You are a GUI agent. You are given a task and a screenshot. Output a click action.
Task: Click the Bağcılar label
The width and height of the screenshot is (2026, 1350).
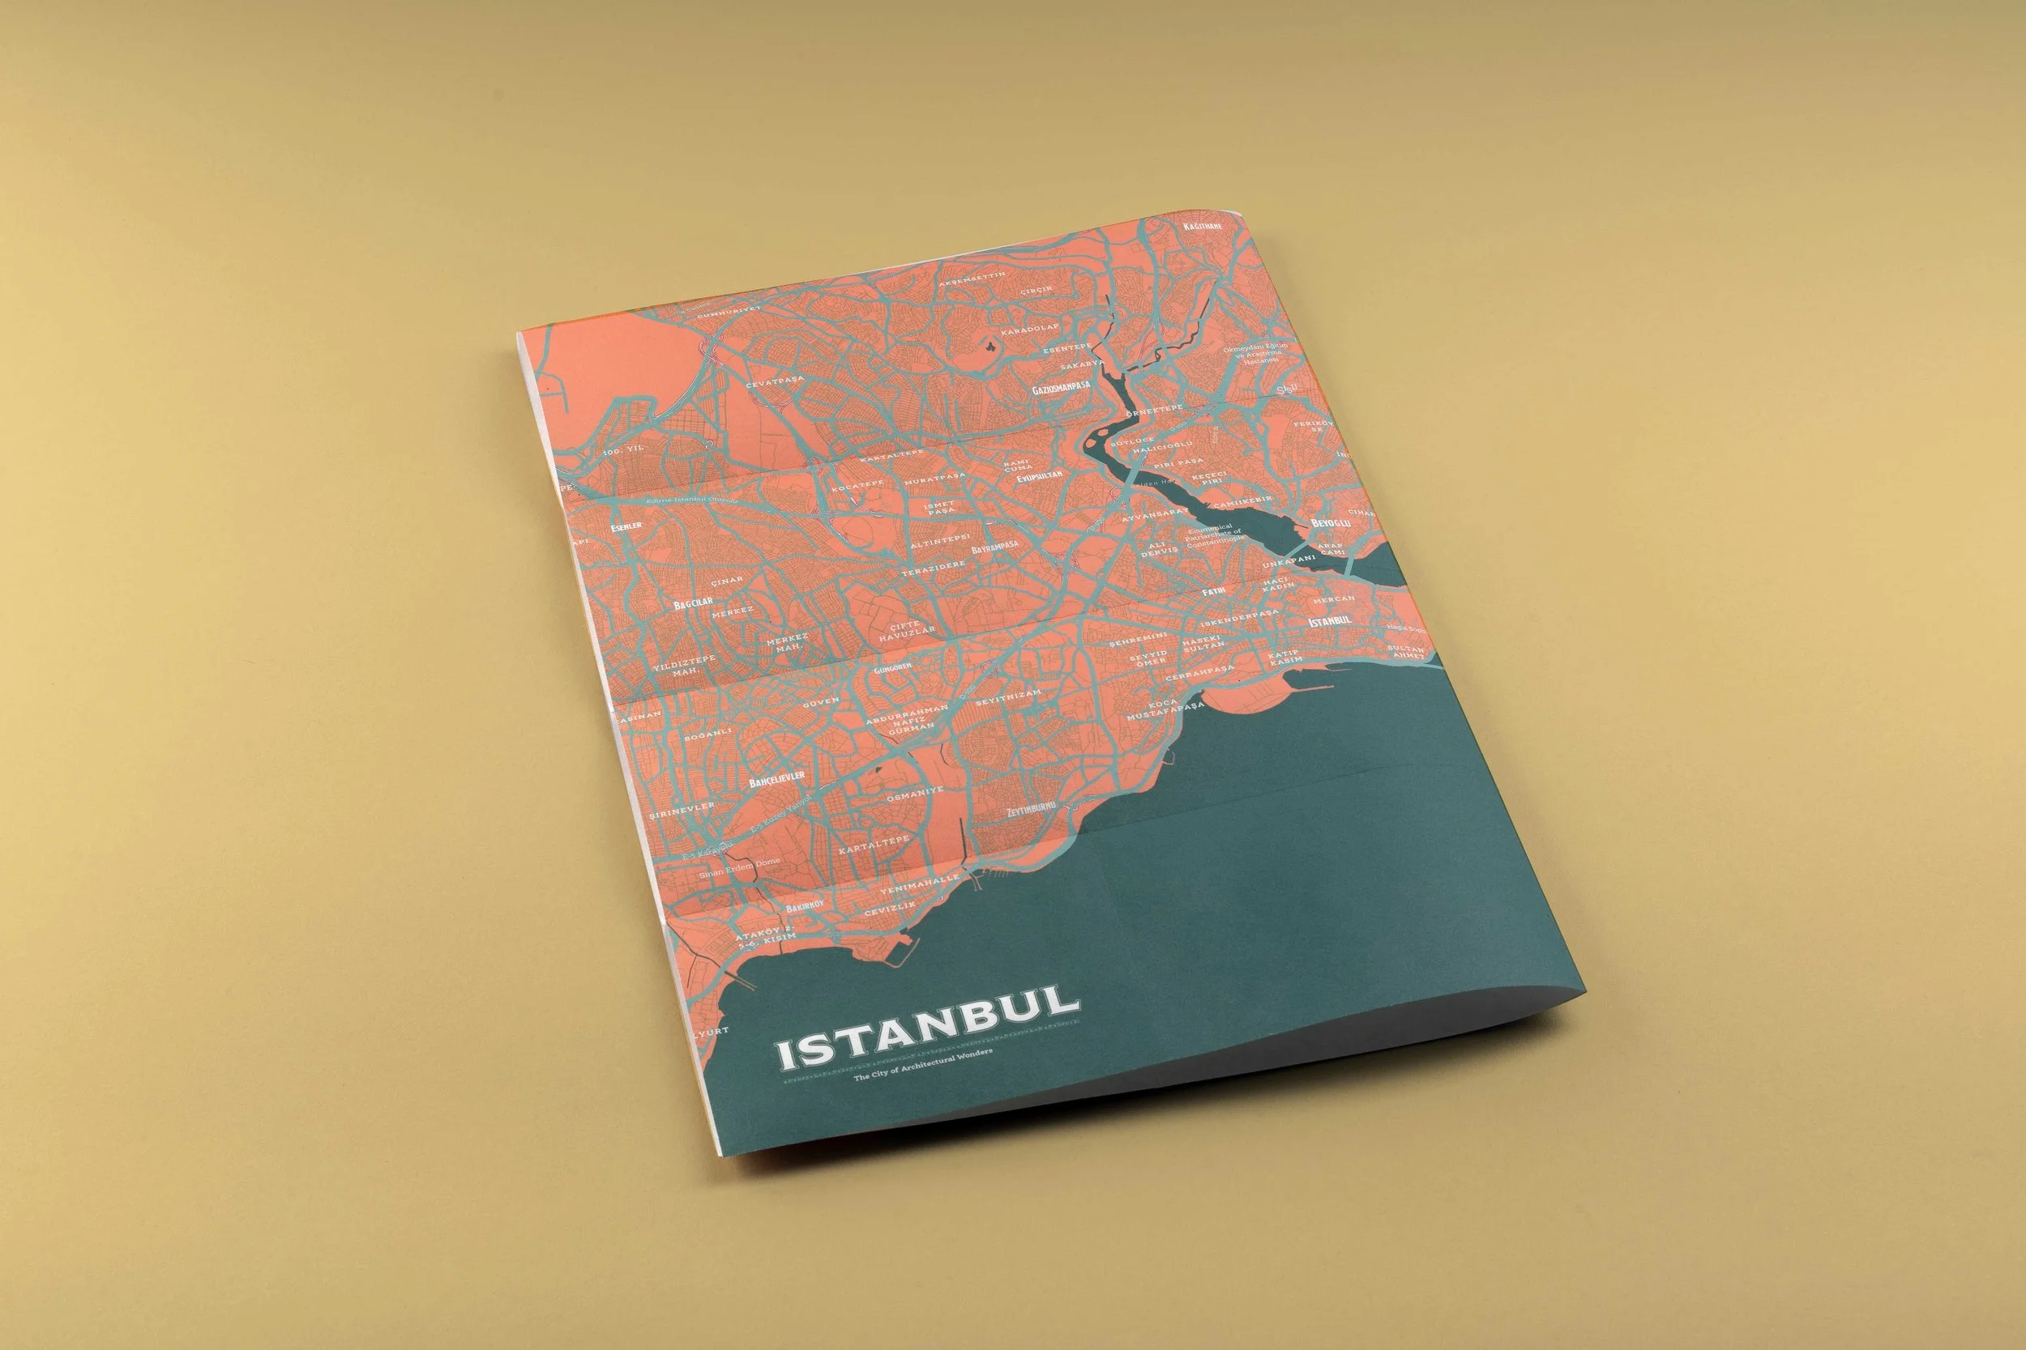(694, 605)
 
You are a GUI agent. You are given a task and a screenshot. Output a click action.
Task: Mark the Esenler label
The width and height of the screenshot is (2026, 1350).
(627, 527)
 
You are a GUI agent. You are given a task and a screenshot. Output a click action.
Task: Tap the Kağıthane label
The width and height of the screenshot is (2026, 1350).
(1204, 226)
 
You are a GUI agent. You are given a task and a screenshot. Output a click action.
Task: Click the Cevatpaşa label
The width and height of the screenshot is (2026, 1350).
(775, 381)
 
